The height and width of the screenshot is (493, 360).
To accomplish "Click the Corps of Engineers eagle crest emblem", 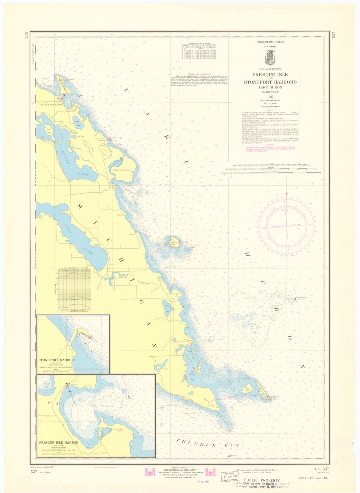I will pos(270,58).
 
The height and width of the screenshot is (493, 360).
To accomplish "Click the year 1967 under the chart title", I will pos(270,96).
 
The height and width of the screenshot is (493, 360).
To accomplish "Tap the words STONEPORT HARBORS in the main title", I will pos(270,82).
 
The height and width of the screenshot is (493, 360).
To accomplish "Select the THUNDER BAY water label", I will pos(208,444).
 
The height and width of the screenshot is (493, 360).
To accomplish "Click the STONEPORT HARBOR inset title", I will pos(56,360).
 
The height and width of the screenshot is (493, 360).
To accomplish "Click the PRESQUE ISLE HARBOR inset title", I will pos(59,442).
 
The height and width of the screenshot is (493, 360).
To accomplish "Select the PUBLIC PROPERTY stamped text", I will pos(262,480).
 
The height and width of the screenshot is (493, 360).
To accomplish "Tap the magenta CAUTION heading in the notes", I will pos(270,145).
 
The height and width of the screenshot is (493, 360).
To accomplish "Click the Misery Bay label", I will pos(192,375).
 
